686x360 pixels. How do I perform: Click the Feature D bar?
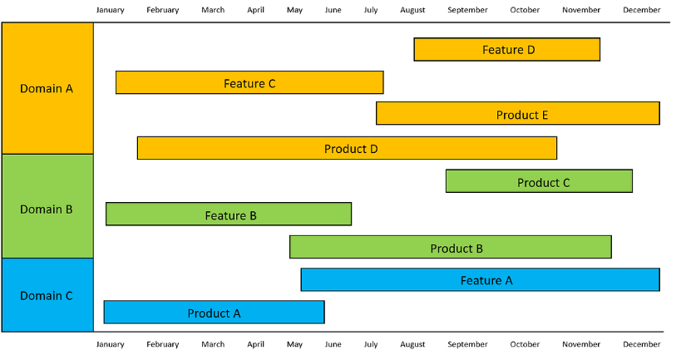(x=506, y=49)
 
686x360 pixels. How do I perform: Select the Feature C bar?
(x=249, y=82)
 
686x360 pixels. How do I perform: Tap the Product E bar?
(x=517, y=113)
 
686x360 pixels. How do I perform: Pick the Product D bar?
(x=347, y=148)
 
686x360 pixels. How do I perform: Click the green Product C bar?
(x=539, y=181)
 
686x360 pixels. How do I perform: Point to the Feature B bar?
(x=229, y=214)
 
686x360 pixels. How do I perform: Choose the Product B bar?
(x=450, y=247)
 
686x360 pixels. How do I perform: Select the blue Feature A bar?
(x=480, y=279)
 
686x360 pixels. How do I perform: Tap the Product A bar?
(x=214, y=312)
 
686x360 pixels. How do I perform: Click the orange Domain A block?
(x=47, y=88)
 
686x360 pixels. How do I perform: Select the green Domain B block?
(x=47, y=206)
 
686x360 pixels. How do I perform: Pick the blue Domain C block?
(x=47, y=295)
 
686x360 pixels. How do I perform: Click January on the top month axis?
(x=111, y=10)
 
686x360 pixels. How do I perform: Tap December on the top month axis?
(x=642, y=10)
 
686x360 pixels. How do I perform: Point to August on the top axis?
(x=412, y=10)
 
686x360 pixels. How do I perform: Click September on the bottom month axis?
(x=467, y=344)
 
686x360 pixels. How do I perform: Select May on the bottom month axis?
(x=294, y=344)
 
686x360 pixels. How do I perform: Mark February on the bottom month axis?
(x=163, y=344)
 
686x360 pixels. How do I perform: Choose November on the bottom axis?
(x=581, y=344)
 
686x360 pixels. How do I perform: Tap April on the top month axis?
(x=255, y=10)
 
